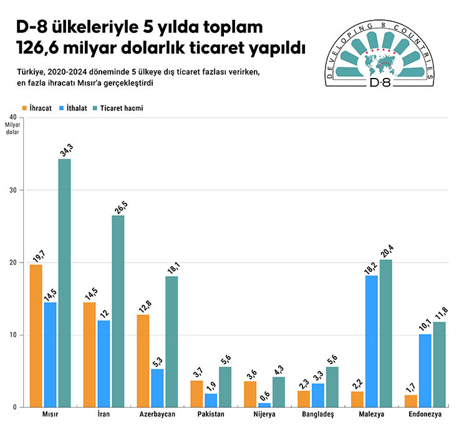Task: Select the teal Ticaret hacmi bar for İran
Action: (118, 311)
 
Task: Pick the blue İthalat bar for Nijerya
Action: (265, 405)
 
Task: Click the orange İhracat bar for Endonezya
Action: (410, 401)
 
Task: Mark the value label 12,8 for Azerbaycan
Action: (143, 305)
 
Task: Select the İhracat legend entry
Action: (37, 108)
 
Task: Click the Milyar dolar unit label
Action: (12, 128)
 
